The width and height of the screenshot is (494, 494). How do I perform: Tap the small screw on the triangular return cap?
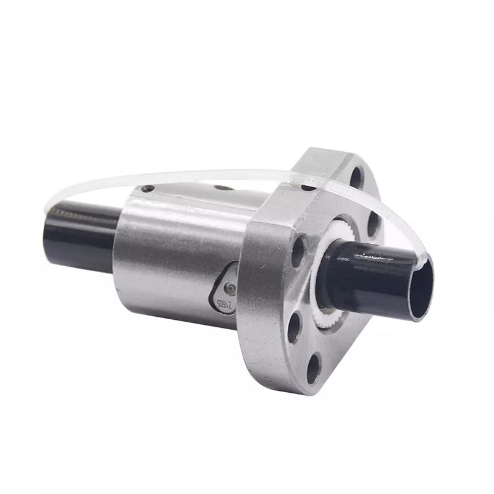coord(230,287)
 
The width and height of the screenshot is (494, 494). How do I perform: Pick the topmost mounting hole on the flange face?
coord(356,177)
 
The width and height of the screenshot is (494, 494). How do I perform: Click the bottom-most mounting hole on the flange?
coord(314,368)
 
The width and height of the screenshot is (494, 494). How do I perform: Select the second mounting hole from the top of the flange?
coord(373,224)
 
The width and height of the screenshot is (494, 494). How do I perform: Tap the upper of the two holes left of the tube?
coord(298,251)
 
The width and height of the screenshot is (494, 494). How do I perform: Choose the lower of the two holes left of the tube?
coord(295,325)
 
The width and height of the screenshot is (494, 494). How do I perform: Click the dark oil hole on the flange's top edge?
coord(307,187)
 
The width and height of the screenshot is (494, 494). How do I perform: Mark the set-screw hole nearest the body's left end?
coord(148,189)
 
